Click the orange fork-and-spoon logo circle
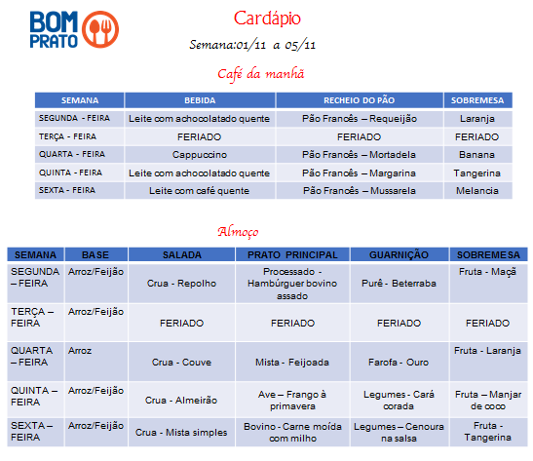point(100,29)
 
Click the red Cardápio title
point(267,19)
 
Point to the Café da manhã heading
point(261,74)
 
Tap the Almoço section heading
point(238,232)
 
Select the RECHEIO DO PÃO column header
point(360,100)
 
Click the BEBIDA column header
point(200,100)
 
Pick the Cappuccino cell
point(200,155)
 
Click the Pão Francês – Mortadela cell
point(359,155)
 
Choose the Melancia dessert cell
point(477,191)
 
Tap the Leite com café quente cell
point(199,191)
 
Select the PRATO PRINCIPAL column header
point(292,255)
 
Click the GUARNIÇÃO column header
point(399,255)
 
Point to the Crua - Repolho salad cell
point(181,284)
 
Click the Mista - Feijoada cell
point(292,362)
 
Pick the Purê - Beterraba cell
point(399,284)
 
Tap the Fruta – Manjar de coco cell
point(488,401)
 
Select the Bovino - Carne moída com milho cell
point(292,433)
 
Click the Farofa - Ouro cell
point(399,362)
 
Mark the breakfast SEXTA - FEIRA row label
point(67,190)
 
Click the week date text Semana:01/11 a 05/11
point(252,45)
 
